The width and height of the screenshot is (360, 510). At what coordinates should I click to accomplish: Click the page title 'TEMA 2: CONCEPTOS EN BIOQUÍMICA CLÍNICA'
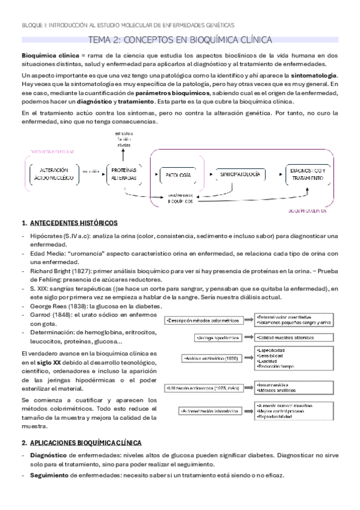[180, 40]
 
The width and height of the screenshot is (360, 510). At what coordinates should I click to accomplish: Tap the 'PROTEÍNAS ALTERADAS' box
[123, 174]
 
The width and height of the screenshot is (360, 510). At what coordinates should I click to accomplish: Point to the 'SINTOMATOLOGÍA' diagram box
[240, 174]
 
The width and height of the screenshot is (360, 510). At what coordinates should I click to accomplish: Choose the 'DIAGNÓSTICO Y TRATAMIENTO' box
[308, 174]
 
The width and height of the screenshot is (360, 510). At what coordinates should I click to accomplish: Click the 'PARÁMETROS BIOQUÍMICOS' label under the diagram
[180, 198]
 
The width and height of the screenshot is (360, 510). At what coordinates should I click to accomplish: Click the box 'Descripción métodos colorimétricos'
[206, 321]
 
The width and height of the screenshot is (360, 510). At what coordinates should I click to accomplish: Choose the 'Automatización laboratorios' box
[210, 411]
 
